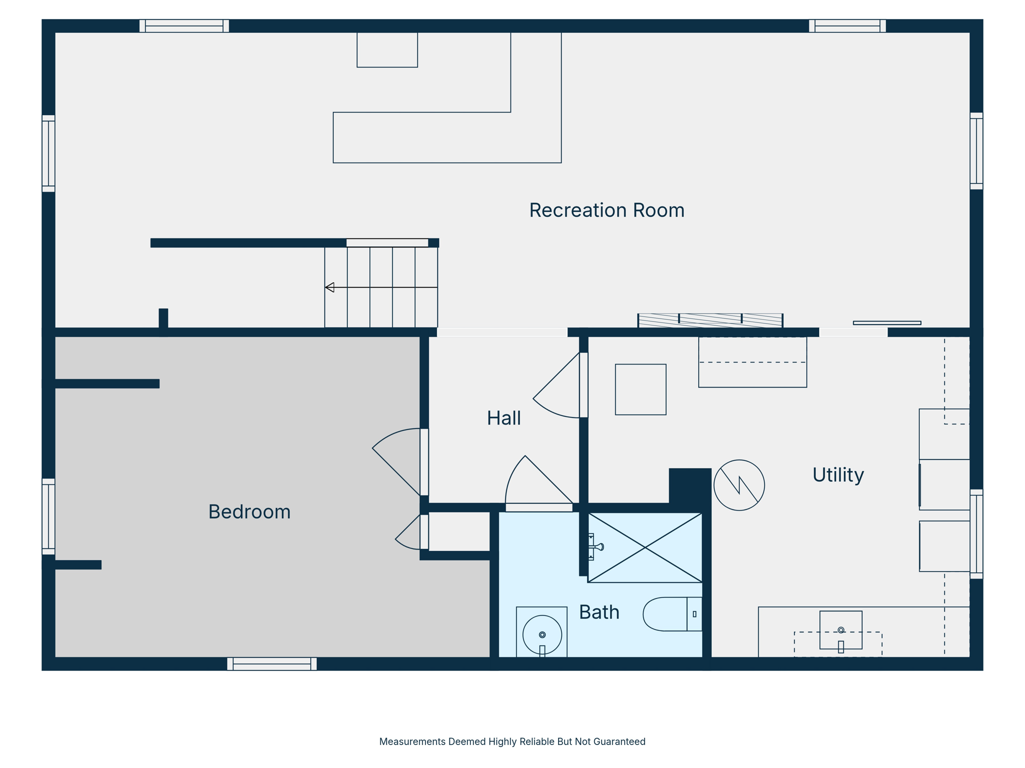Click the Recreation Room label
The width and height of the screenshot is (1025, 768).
[607, 210]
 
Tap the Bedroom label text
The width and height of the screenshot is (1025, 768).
[249, 512]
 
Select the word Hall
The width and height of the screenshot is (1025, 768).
[503, 418]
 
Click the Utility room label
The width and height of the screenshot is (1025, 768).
[838, 475]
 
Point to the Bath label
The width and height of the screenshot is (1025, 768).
[599, 612]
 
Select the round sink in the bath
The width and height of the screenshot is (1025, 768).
[542, 634]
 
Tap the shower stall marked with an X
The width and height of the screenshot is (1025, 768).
[645, 548]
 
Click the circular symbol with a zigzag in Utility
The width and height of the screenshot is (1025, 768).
[739, 485]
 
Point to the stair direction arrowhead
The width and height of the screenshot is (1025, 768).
[330, 287]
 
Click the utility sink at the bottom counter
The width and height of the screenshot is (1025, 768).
[841, 630]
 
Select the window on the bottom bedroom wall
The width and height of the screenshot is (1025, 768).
[272, 664]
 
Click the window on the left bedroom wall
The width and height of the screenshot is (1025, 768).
[48, 516]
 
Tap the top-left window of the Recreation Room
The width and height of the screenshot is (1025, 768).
[184, 26]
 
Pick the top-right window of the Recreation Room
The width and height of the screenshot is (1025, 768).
[847, 26]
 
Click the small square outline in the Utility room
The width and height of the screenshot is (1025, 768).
[641, 389]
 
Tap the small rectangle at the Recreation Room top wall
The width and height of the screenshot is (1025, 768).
[387, 49]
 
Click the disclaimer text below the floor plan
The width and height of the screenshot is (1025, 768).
[512, 741]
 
